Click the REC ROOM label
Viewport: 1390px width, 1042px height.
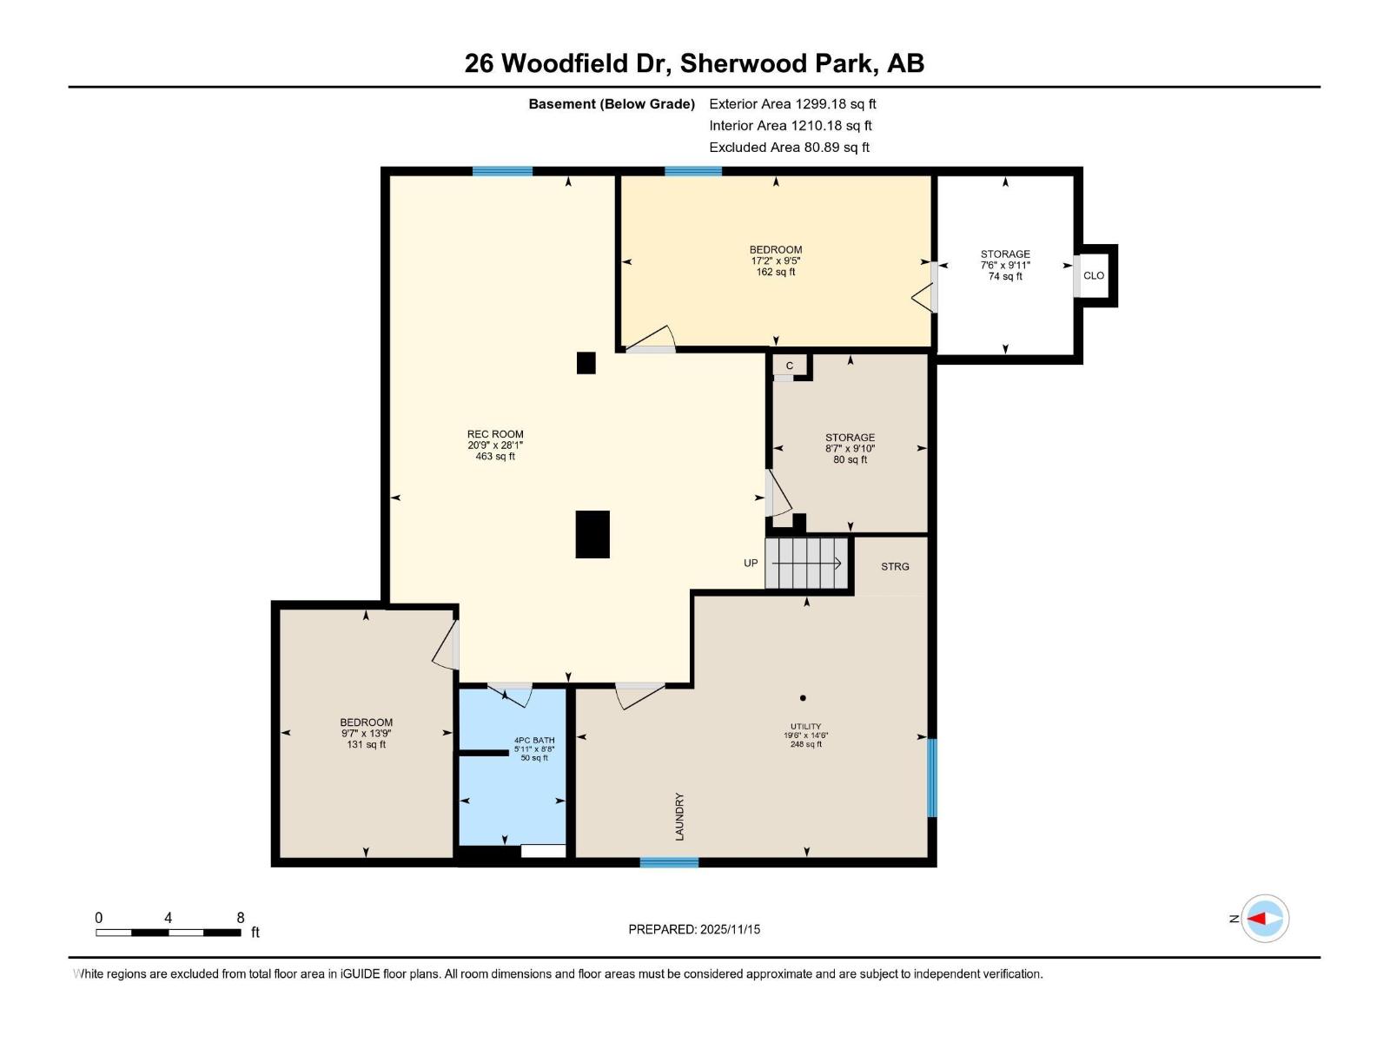tap(495, 434)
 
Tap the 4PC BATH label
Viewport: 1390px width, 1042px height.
tap(534, 741)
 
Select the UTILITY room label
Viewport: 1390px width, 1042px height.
tap(806, 727)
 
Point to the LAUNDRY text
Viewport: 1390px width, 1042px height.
tap(679, 816)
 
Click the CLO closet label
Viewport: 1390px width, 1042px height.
tap(1094, 276)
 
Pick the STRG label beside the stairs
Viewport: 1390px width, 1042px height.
tap(895, 566)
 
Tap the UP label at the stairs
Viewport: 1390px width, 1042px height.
tap(751, 564)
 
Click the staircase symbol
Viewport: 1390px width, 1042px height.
tap(807, 564)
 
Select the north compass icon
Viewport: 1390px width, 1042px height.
tap(1264, 918)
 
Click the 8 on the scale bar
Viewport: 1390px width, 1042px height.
tap(241, 918)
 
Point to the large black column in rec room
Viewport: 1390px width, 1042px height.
tap(592, 534)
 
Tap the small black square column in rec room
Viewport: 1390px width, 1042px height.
tap(586, 363)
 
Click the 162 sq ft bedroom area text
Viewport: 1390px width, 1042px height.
tap(776, 272)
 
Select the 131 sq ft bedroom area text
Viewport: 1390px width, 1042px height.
tap(367, 744)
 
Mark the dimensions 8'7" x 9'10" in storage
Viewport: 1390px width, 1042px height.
tap(850, 449)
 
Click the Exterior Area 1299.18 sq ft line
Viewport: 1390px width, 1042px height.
tap(792, 104)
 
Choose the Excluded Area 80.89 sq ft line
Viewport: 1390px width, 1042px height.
tap(789, 148)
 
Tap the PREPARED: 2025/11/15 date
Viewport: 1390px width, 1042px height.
tap(694, 929)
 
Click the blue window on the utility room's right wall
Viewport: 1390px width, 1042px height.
tap(932, 777)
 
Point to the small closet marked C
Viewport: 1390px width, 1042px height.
tap(790, 366)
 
